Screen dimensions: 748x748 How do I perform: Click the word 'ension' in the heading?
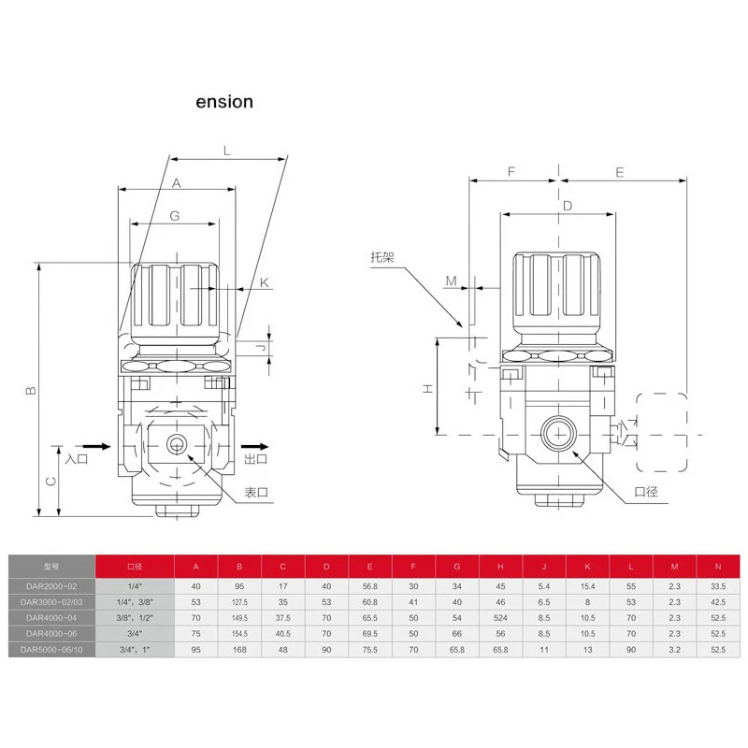tap(223, 101)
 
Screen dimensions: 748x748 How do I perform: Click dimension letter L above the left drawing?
tap(227, 151)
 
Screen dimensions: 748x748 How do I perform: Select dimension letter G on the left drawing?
tap(175, 215)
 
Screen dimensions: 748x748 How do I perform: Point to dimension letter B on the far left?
tap(30, 391)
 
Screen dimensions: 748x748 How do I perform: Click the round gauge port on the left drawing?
tap(175, 442)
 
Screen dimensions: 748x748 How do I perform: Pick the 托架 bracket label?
tap(382, 257)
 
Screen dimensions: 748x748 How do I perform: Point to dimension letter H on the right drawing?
tap(426, 387)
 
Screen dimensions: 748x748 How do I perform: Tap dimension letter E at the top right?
tap(622, 171)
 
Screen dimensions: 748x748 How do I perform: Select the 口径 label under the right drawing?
tap(647, 492)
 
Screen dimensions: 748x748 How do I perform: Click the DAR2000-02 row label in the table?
tap(52, 584)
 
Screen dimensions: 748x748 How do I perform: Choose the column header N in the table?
tap(718, 567)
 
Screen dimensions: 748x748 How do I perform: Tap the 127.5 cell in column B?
tap(239, 601)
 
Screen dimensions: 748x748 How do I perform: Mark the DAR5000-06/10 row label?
tap(52, 650)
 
